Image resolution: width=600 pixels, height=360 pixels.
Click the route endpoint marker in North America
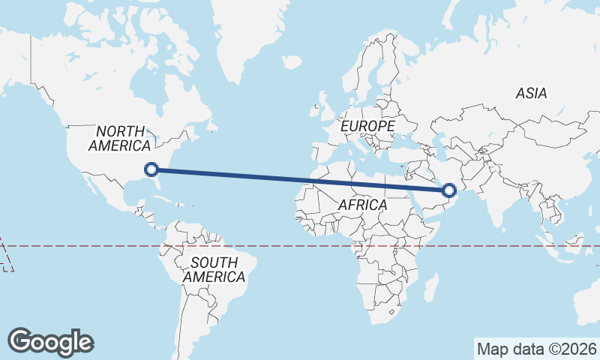point(151,169)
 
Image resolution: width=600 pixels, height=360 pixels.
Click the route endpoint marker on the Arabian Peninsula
point(449,190)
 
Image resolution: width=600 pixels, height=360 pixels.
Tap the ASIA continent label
point(531,94)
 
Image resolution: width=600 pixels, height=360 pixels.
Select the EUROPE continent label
point(367,127)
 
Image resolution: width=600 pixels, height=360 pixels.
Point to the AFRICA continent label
point(362,205)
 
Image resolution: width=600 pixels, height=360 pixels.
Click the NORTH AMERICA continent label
point(119,138)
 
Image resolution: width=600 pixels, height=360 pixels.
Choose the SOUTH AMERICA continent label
point(214,270)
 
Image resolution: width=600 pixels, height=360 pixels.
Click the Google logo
point(50,341)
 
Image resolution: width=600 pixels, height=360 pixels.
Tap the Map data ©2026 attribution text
point(536,349)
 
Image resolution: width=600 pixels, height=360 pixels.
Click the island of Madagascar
point(431,286)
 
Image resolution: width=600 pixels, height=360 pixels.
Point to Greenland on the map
point(247,37)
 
